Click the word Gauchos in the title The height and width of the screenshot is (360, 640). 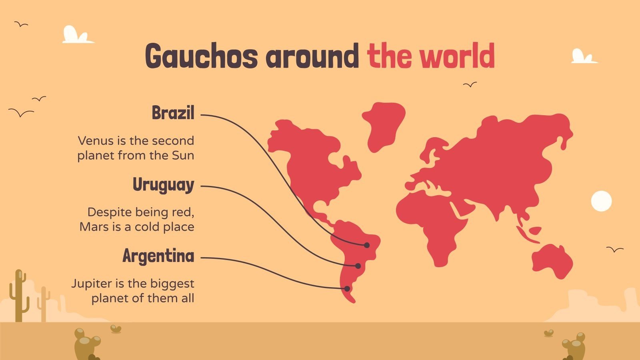click(201, 56)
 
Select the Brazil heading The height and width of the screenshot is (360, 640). click(173, 113)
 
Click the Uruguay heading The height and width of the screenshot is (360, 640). click(163, 185)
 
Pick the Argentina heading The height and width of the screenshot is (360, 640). click(158, 256)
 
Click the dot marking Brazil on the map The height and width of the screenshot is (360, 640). click(366, 245)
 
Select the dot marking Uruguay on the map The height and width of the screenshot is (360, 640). click(358, 266)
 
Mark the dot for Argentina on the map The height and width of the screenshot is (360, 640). click(347, 288)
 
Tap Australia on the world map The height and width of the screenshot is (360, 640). click(552, 260)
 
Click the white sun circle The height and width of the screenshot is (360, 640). click(601, 201)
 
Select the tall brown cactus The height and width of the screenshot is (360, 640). click(18, 296)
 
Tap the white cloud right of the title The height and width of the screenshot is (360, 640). click(582, 57)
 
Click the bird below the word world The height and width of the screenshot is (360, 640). click(470, 85)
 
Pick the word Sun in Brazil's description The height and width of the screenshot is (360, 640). click(183, 156)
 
